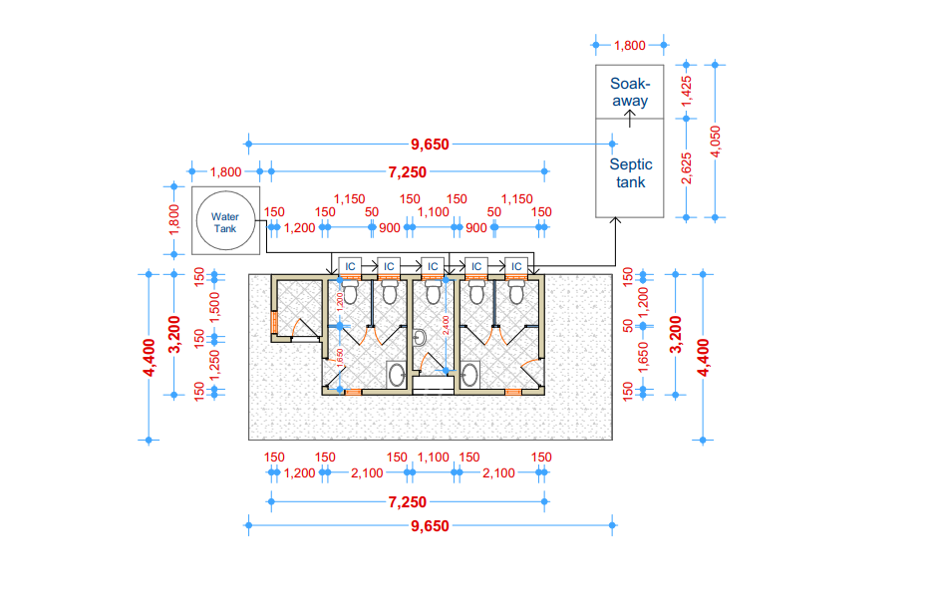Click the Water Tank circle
225,221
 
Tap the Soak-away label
630,92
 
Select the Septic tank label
630,173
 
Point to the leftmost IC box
349,266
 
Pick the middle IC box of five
432,266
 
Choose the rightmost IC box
514,266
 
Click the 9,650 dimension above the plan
429,145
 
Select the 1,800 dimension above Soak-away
630,45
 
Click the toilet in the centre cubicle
432,290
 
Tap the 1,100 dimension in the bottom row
433,458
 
